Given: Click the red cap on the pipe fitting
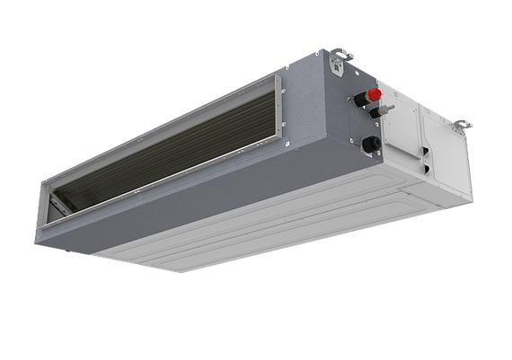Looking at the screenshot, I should pos(372,92).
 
